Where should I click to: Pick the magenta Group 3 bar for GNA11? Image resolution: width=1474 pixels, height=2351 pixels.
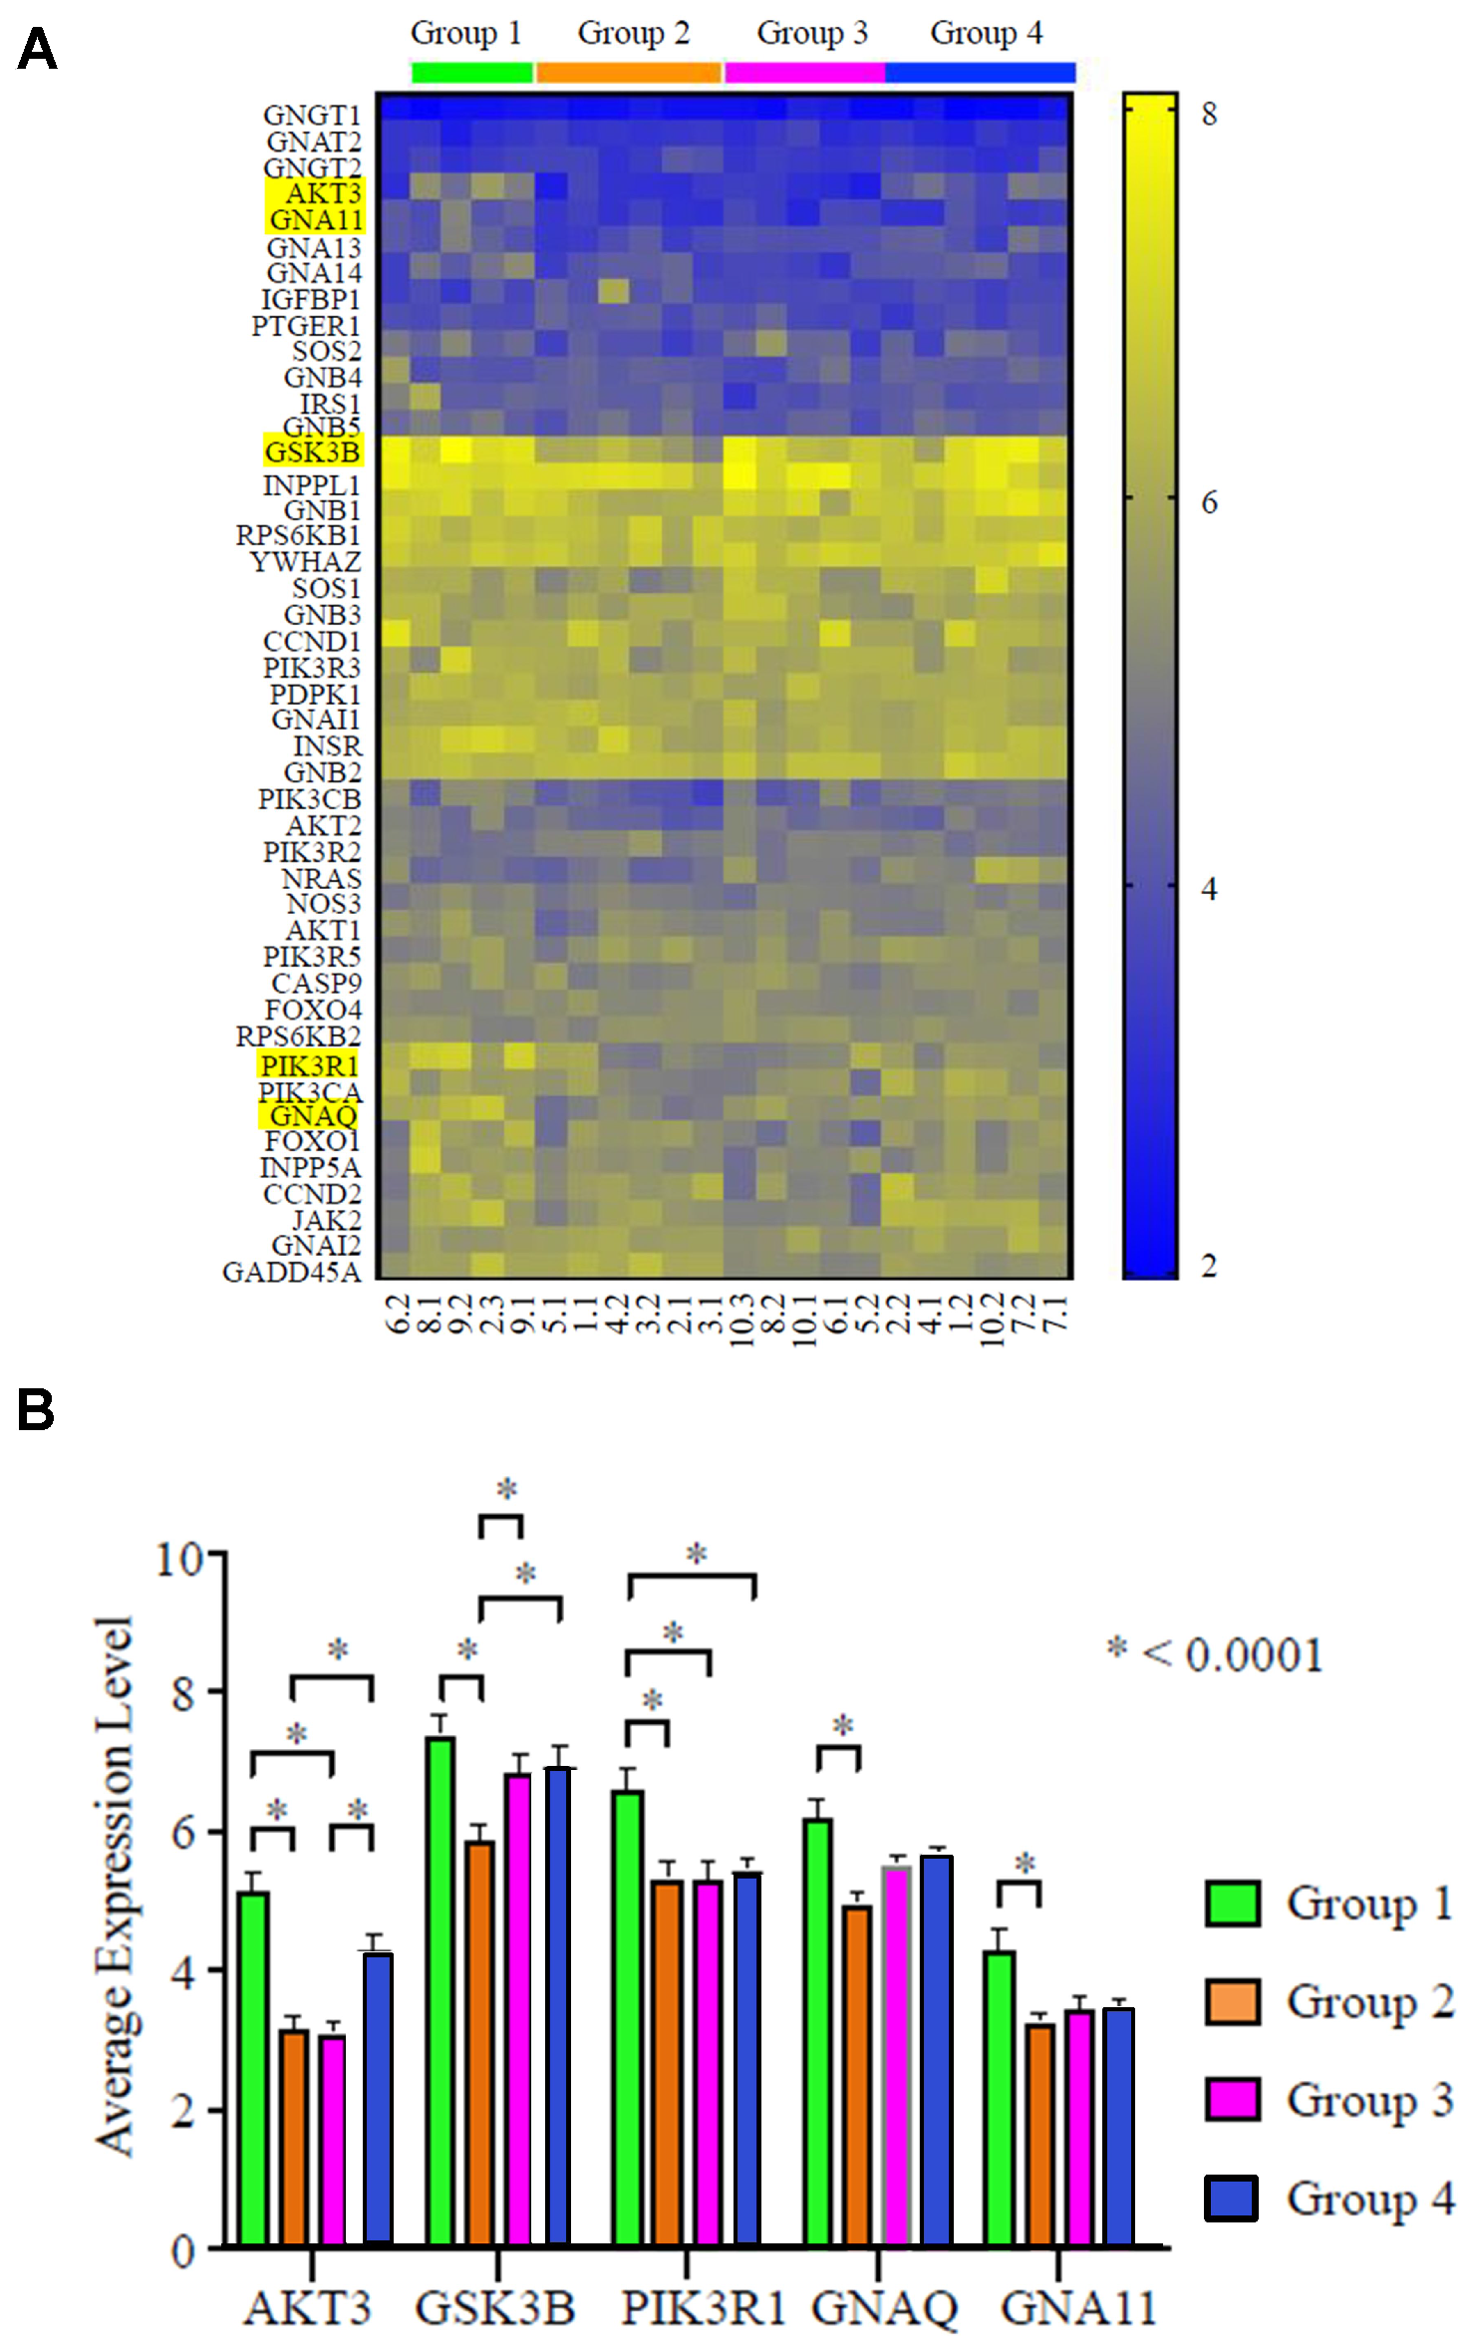coord(1079,2127)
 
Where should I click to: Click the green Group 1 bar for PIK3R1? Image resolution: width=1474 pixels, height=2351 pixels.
coord(627,2017)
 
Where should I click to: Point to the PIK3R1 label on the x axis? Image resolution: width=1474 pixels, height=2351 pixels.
coord(704,2308)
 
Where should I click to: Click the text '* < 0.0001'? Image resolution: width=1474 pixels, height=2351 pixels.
coord(1215,1655)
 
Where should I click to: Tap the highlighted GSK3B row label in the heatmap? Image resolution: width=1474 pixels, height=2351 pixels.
coord(312,451)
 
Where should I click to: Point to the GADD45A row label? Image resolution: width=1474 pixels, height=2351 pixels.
coord(291,1273)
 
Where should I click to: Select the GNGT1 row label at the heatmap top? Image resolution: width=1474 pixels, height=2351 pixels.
coord(311,116)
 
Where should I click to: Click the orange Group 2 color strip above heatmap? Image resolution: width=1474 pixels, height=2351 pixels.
coord(628,72)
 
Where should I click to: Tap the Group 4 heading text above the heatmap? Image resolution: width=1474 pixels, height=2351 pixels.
coord(986,33)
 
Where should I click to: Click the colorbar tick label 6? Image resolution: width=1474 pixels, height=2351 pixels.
coord(1209,502)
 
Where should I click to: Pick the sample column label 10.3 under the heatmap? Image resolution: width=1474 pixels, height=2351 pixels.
coord(740,1321)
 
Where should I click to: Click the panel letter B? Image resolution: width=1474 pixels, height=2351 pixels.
coord(36,1410)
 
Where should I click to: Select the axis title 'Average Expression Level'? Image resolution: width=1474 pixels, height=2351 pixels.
coord(115,1889)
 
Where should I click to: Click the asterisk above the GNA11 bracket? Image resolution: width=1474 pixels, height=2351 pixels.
coord(1026,1862)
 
